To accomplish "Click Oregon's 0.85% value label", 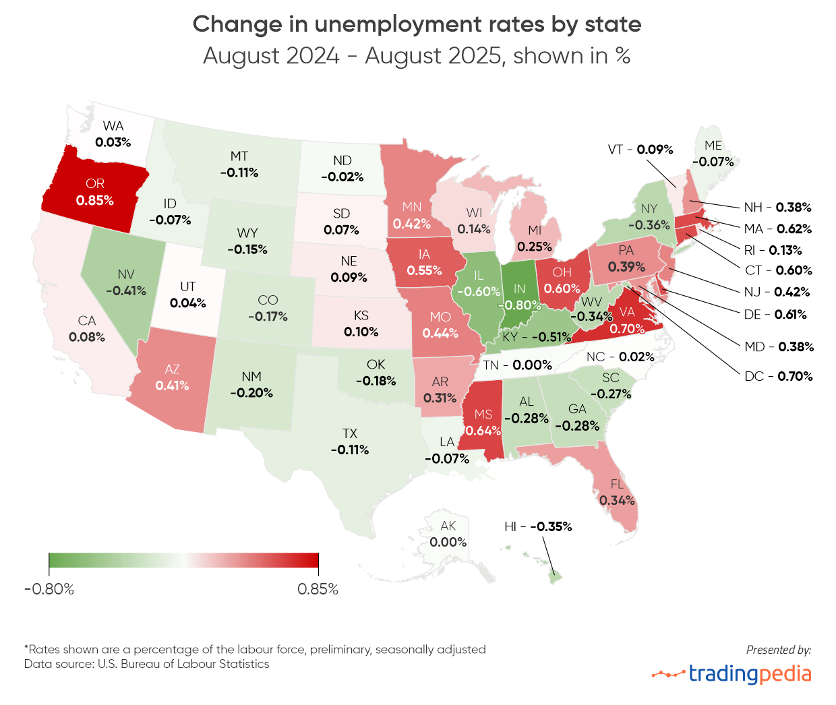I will (x=95, y=201).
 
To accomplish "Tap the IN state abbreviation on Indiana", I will (x=519, y=288).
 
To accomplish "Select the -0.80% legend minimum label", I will (x=49, y=589).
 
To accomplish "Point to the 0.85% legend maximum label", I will (x=318, y=589).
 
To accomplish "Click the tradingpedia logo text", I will (x=750, y=673).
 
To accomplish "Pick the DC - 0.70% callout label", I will (x=779, y=376).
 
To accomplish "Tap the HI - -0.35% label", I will (x=538, y=526).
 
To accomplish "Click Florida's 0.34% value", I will (x=617, y=500).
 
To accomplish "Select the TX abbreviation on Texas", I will (x=349, y=433).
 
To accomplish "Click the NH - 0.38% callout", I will (x=777, y=208).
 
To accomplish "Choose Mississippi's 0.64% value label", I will (x=483, y=430).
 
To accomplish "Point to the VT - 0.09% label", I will (x=640, y=150).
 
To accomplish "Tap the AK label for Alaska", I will (x=448, y=526).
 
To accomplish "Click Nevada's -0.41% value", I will (x=126, y=290).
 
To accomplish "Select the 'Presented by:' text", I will (x=778, y=650).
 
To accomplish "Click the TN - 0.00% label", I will (x=517, y=365).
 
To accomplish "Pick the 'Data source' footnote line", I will (x=146, y=665).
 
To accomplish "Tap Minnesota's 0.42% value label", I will (x=412, y=223).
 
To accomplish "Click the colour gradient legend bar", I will (x=183, y=561).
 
